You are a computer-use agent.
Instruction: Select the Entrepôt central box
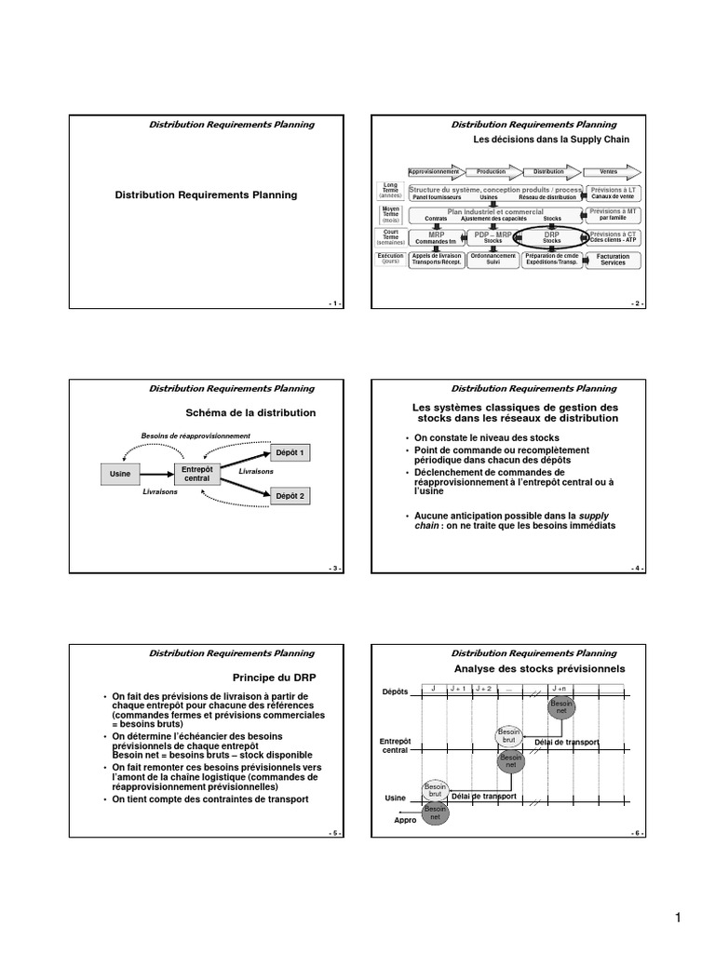click(x=196, y=474)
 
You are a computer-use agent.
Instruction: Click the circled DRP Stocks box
click(x=551, y=237)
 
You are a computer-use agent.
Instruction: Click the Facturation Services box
click(x=613, y=260)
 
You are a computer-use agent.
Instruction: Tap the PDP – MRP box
click(x=492, y=237)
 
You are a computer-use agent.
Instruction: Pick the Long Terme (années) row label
click(x=390, y=192)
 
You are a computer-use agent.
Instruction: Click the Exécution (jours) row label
click(x=390, y=259)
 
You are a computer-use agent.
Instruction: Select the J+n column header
click(x=560, y=688)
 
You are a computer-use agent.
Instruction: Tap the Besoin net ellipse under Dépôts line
click(x=561, y=707)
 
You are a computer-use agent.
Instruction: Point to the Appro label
click(x=405, y=820)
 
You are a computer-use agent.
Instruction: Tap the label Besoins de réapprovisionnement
click(x=196, y=436)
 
